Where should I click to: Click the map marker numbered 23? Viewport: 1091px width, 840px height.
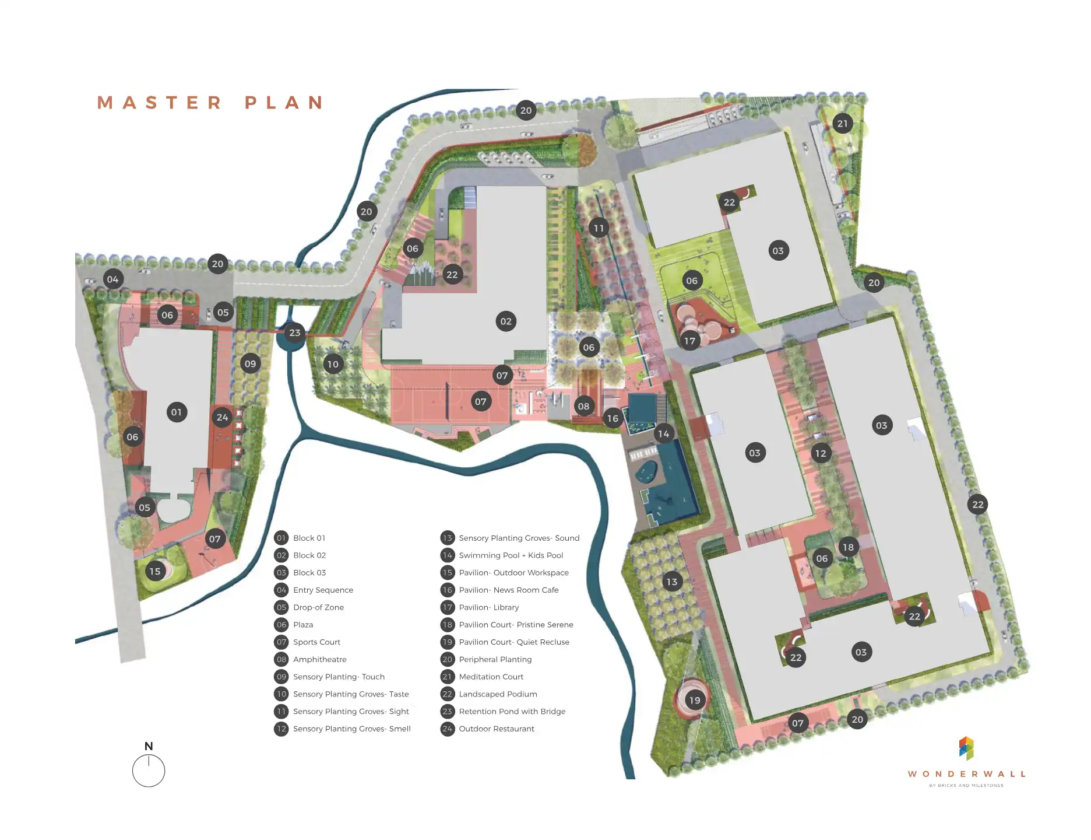pos(295,332)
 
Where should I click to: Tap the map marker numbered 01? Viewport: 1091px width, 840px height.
pos(177,412)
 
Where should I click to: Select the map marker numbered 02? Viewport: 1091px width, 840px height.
pos(506,321)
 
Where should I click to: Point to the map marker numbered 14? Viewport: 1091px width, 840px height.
pos(663,433)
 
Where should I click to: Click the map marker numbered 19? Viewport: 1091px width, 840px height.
pos(695,700)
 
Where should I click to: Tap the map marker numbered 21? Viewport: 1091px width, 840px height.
pos(843,123)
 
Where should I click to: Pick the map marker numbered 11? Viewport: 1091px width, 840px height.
pos(599,228)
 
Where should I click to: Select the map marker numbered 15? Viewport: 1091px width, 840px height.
pos(154,571)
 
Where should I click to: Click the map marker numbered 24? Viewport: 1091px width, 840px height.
pos(222,416)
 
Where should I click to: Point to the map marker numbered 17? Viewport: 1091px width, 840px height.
pos(689,341)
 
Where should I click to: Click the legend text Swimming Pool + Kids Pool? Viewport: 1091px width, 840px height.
pos(511,555)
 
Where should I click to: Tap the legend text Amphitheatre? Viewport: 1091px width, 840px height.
pos(319,659)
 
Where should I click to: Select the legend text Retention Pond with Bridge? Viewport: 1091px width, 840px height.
pos(512,711)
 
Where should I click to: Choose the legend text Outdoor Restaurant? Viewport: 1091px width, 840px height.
pos(496,729)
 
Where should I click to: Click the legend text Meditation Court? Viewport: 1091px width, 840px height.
pos(491,677)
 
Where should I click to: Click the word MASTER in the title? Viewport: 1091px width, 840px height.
pos(159,103)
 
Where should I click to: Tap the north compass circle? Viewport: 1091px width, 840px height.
pos(149,771)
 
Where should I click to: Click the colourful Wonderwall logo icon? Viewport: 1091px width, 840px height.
pos(966,748)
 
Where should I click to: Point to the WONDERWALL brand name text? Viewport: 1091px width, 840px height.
pos(966,774)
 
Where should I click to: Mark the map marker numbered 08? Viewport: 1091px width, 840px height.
pos(583,406)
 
